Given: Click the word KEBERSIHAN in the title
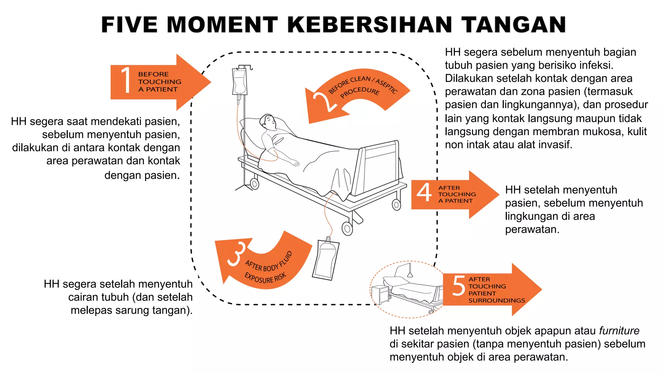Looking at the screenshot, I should click(x=369, y=25).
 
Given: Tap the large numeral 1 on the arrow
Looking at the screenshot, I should click(x=126, y=80).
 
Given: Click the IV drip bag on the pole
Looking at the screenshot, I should click(x=240, y=81).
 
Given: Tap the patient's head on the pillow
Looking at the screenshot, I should click(x=269, y=122).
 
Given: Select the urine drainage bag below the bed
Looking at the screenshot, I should click(x=326, y=259).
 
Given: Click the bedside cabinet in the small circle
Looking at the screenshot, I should click(x=381, y=294).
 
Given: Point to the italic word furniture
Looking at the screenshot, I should click(x=619, y=331).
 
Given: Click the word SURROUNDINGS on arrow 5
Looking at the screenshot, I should click(x=497, y=300).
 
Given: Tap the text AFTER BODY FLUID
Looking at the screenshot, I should click(x=269, y=262).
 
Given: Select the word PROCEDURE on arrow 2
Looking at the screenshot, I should click(x=360, y=92).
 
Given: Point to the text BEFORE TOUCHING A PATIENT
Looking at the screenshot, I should click(x=159, y=82).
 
